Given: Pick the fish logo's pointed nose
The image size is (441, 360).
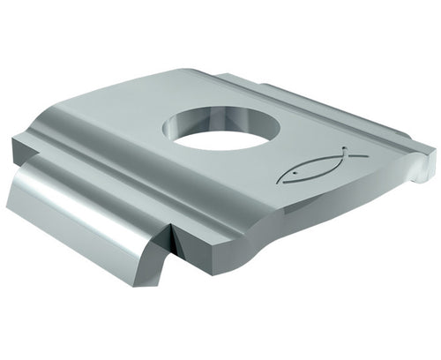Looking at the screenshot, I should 278,182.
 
